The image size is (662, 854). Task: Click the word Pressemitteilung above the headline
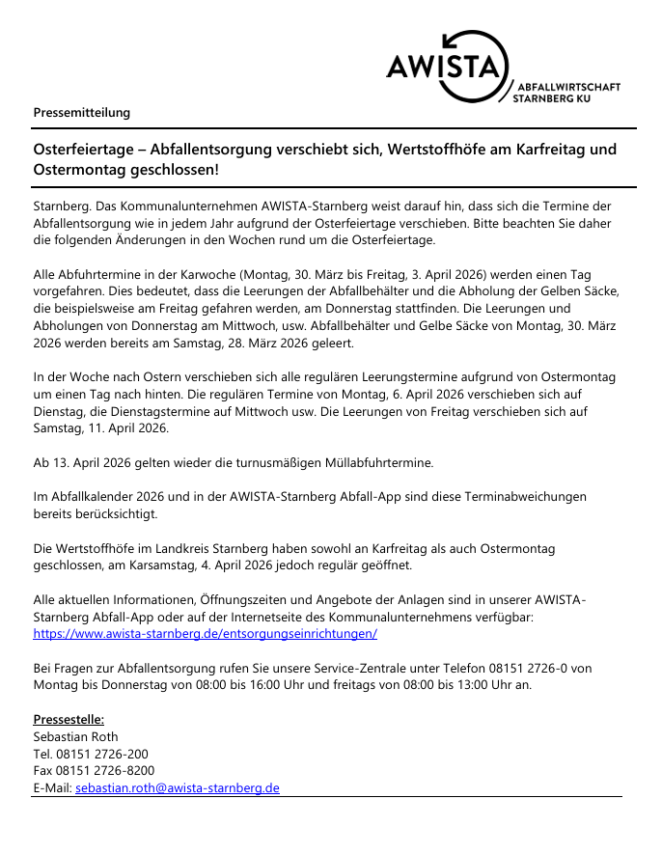81,113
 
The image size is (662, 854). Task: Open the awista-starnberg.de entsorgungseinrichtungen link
205,634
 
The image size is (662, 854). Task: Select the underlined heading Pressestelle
69,720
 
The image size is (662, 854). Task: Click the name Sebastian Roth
75,737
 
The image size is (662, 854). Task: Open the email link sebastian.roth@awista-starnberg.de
178,787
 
